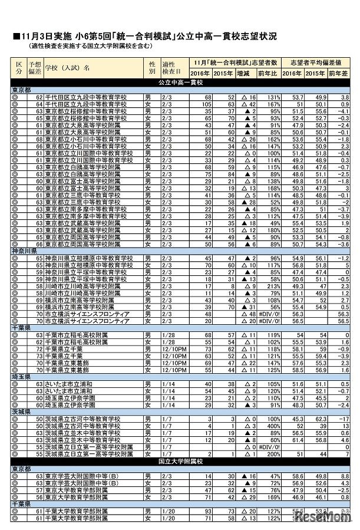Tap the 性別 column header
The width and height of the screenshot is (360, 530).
[x=152, y=66]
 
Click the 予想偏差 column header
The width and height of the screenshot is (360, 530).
[x=35, y=66]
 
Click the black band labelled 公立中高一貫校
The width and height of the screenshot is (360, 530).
[x=180, y=82]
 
